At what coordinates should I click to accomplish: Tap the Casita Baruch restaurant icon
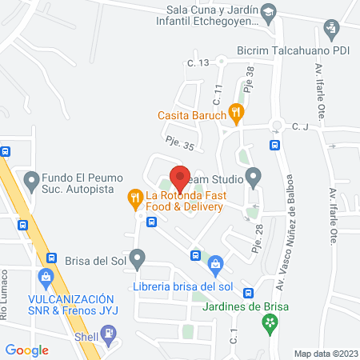tap(235, 113)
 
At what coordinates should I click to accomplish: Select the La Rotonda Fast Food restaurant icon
tap(135, 196)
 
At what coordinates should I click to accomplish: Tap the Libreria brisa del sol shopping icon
tap(215, 263)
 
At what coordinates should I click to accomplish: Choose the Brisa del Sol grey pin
tap(138, 258)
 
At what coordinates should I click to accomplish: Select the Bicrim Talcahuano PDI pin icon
tap(330, 31)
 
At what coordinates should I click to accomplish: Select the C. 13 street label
tap(198, 62)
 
